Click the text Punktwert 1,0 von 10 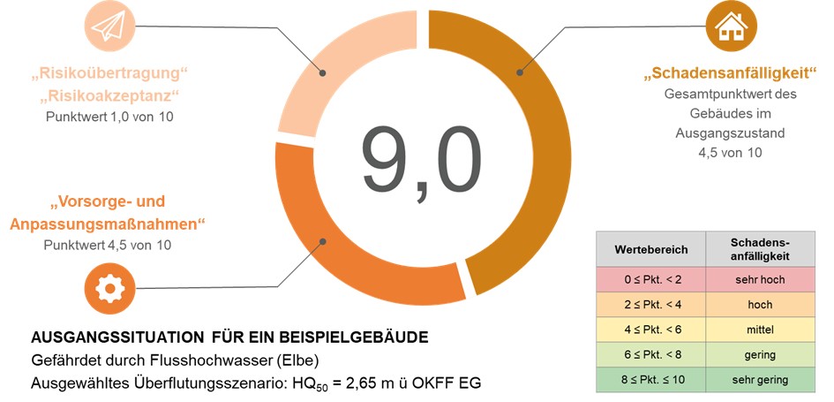pos(111,116)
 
